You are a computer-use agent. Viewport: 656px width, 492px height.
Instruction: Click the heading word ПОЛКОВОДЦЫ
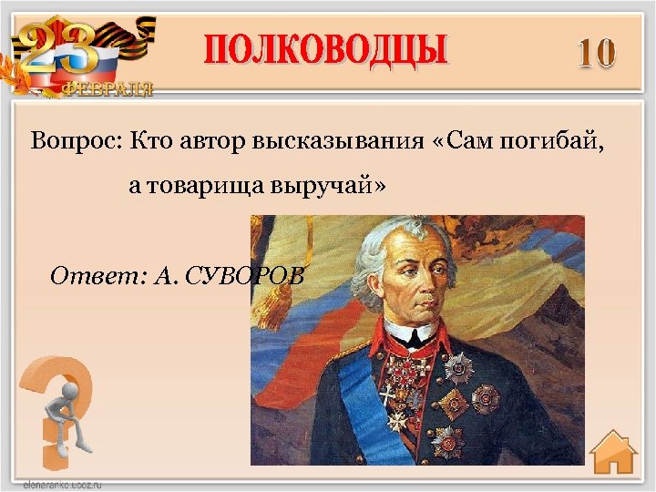coord(325,49)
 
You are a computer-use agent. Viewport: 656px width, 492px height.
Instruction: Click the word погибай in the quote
coord(551,143)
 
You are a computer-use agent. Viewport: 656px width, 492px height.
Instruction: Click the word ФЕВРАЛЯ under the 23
coord(108,88)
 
